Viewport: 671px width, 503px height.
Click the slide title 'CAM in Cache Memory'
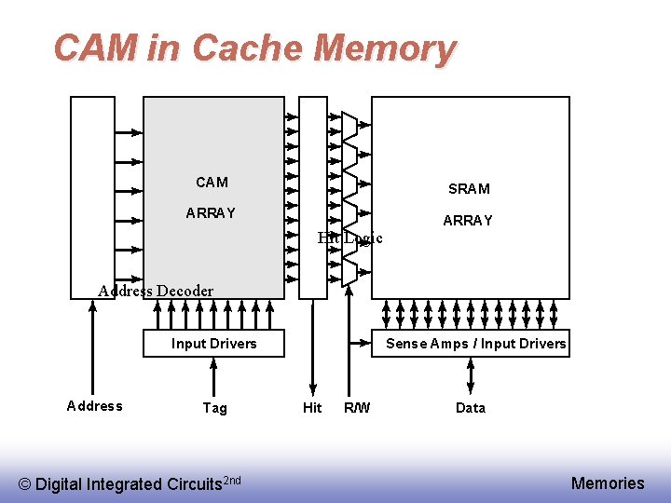coord(254,48)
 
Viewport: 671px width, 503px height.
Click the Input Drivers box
coord(213,343)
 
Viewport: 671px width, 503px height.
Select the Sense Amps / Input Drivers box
coord(475,343)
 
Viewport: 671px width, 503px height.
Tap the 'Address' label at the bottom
coord(95,406)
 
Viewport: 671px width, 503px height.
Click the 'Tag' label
coord(214,408)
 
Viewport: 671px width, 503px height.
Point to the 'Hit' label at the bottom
coord(312,408)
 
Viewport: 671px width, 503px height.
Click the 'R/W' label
coord(357,408)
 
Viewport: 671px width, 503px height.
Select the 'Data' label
coord(471,408)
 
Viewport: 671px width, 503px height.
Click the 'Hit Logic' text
coord(349,238)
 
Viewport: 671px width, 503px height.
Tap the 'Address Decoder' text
coord(156,291)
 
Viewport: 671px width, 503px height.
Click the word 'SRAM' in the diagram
coord(469,189)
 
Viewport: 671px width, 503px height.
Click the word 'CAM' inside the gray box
coord(212,183)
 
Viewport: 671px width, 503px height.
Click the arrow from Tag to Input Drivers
coord(214,376)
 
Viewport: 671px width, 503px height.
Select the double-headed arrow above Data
coord(471,376)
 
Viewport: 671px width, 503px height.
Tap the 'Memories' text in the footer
coord(608,483)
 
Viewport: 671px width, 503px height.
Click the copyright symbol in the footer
coord(25,484)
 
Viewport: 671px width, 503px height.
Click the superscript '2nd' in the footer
coord(232,480)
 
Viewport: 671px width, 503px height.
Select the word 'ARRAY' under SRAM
coord(468,221)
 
